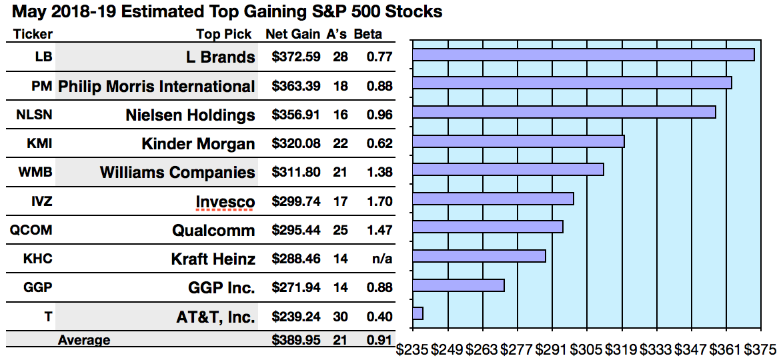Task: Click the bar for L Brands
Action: (x=584, y=55)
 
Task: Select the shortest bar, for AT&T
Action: (x=418, y=313)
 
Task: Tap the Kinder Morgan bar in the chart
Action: (x=519, y=141)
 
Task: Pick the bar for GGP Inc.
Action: (x=459, y=285)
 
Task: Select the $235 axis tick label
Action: (x=413, y=349)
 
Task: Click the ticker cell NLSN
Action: (x=34, y=115)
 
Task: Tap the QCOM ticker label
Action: (x=31, y=230)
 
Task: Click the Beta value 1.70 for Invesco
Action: (x=379, y=201)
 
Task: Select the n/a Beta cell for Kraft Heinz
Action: (x=381, y=259)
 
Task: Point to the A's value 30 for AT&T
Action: (x=340, y=317)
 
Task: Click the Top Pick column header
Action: (x=224, y=34)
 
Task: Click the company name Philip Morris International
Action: (x=157, y=86)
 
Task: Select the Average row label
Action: (x=84, y=340)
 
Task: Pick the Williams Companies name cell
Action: (x=177, y=173)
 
